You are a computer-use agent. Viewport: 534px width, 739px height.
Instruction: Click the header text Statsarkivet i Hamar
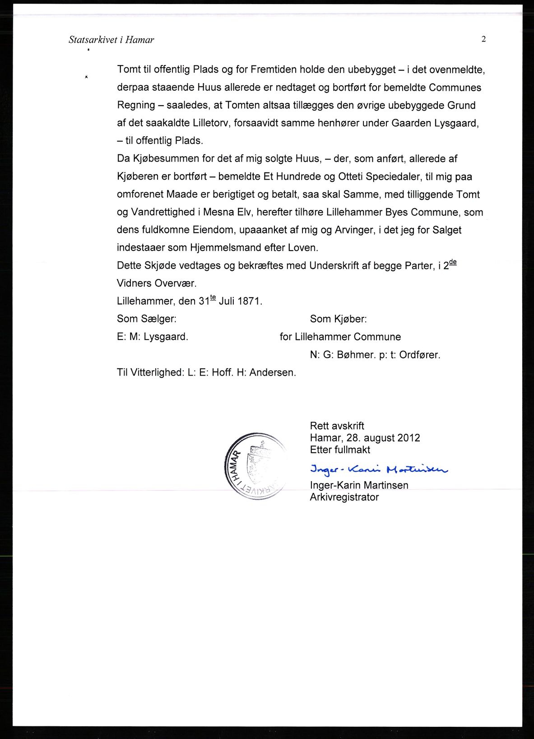(x=111, y=40)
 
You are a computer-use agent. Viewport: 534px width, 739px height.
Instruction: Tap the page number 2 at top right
(x=483, y=39)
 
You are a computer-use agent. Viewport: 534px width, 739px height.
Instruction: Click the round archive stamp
(x=255, y=466)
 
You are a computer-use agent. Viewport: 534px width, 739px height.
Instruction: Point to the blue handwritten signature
(x=378, y=469)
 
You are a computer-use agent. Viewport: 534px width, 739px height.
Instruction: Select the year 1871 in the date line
(x=250, y=301)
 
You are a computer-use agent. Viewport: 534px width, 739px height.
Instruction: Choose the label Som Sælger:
(x=147, y=319)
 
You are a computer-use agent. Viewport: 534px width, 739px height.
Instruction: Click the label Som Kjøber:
(x=338, y=319)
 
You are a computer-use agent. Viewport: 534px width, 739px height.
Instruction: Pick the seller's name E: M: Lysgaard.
(x=153, y=337)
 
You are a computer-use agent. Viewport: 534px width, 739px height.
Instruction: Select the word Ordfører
(x=420, y=355)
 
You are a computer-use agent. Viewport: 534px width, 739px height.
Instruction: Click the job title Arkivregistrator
(x=344, y=497)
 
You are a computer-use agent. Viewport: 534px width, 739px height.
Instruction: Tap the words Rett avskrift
(x=337, y=426)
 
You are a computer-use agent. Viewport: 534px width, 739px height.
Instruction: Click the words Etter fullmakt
(x=340, y=450)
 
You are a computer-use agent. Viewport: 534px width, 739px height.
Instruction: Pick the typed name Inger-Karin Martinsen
(x=359, y=485)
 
